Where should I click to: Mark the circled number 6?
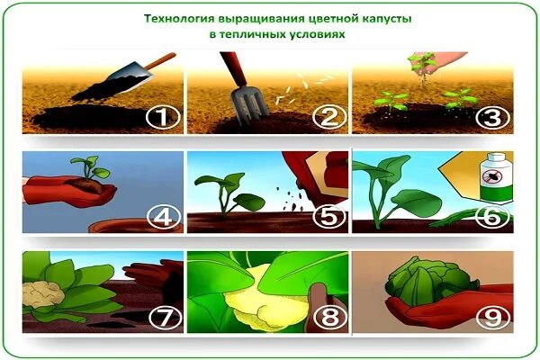coord(491,218)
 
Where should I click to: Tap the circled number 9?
coord(491,318)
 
